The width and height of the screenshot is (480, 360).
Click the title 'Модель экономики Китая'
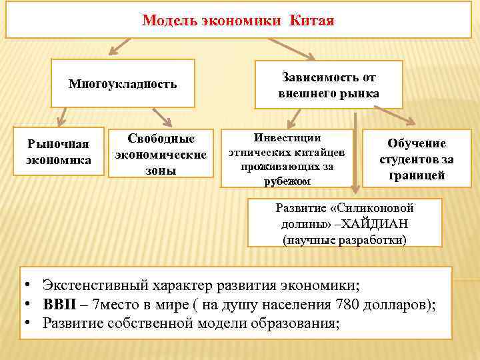point(238,21)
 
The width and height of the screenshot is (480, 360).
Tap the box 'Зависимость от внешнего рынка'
point(329,85)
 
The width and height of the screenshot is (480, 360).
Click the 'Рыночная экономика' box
point(59,151)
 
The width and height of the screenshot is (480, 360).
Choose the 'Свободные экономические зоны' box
point(161,154)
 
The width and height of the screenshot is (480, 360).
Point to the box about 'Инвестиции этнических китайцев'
point(287,158)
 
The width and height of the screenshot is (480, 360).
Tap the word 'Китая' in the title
point(312,21)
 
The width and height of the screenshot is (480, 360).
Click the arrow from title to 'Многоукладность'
point(121,46)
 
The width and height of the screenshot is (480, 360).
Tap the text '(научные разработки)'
point(344,238)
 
